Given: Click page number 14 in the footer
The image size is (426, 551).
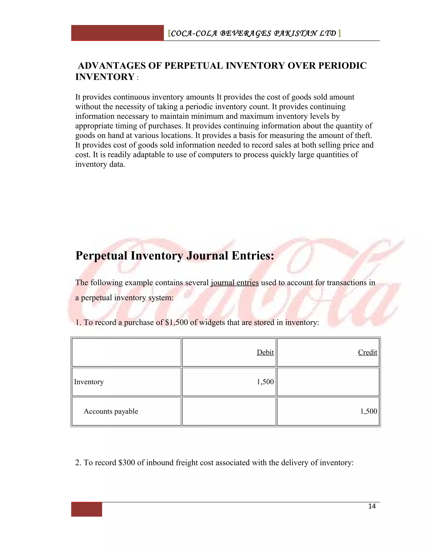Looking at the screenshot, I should pyautogui.click(x=372, y=506).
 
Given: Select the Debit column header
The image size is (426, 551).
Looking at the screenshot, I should pyautogui.click(x=265, y=352).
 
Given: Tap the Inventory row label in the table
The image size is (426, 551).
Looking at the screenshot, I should pyautogui.click(x=89, y=382).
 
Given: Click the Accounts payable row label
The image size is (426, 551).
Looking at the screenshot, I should pyautogui.click(x=111, y=411).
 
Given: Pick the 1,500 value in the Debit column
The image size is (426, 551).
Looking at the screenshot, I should pyautogui.click(x=265, y=382).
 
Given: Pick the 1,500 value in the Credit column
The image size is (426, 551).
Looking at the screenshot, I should pyautogui.click(x=368, y=411).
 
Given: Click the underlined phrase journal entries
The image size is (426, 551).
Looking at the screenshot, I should pyautogui.click(x=235, y=283).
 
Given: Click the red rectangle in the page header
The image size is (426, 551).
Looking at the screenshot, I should pyautogui.click(x=117, y=33).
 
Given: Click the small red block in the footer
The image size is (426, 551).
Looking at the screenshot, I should pyautogui.click(x=87, y=509).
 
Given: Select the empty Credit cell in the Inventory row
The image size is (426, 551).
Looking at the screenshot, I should pyautogui.click(x=328, y=382).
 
